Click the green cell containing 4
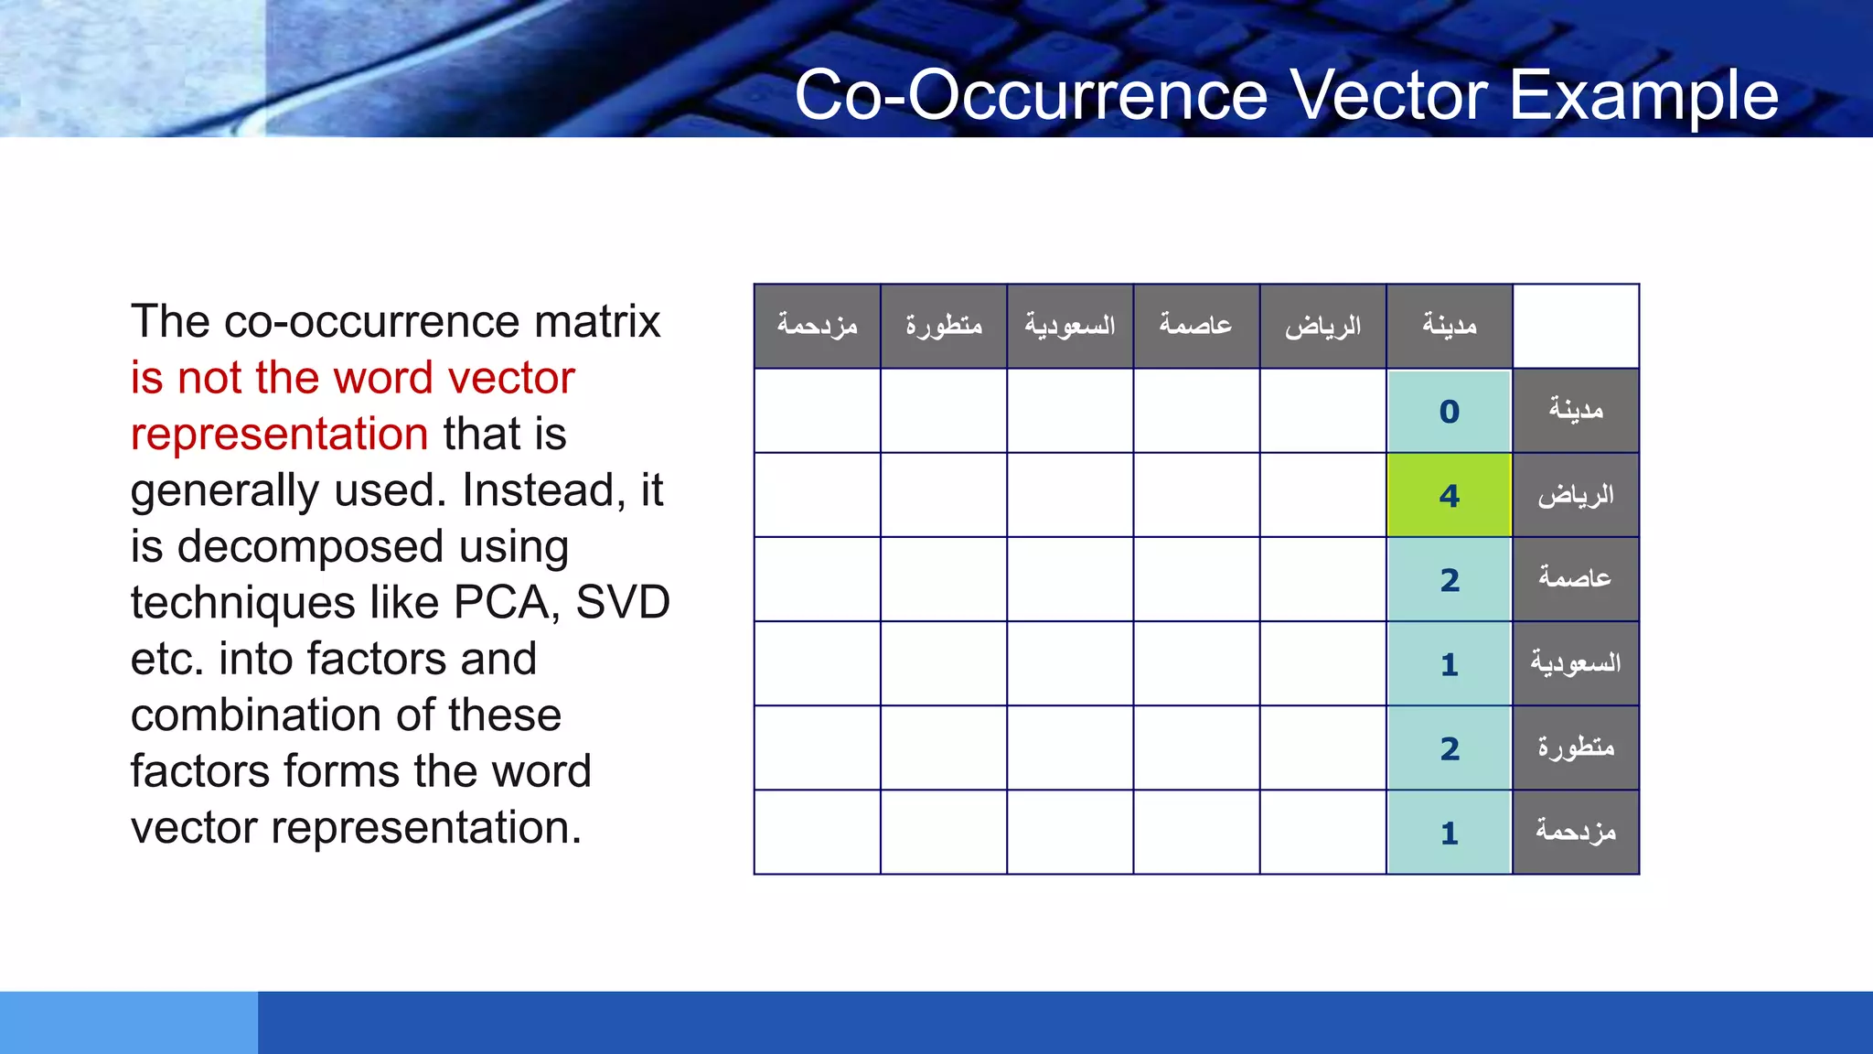click(x=1449, y=495)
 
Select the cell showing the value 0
click(x=1449, y=411)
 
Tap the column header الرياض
click(x=1322, y=326)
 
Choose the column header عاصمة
click(x=1196, y=326)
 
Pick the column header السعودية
click(x=1070, y=326)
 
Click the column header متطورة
click(x=944, y=326)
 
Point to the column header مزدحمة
click(x=817, y=326)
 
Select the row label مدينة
click(x=1576, y=411)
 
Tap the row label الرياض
click(x=1576, y=495)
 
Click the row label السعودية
click(x=1576, y=663)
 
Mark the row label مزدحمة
click(x=1576, y=832)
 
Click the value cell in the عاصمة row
click(x=1449, y=579)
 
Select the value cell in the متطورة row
click(x=1449, y=748)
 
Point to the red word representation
click(x=279, y=435)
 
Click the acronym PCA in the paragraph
click(x=506, y=603)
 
